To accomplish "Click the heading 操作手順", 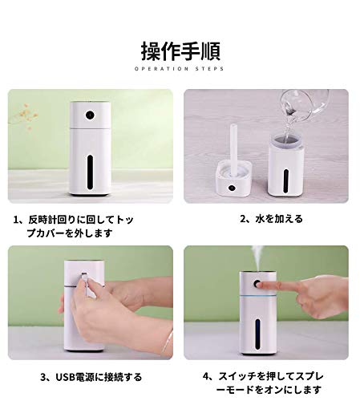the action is [180, 51].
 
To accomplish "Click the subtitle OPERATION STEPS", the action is [179, 69].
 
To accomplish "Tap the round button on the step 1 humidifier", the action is [90, 115].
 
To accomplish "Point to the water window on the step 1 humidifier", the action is [90, 172].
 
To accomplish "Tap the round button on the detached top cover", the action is [231, 188].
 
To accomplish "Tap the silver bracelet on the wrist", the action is [168, 342].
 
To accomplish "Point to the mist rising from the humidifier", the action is [257, 259].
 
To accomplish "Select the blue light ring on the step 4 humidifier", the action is [257, 297].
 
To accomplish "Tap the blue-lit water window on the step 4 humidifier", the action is [257, 334].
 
